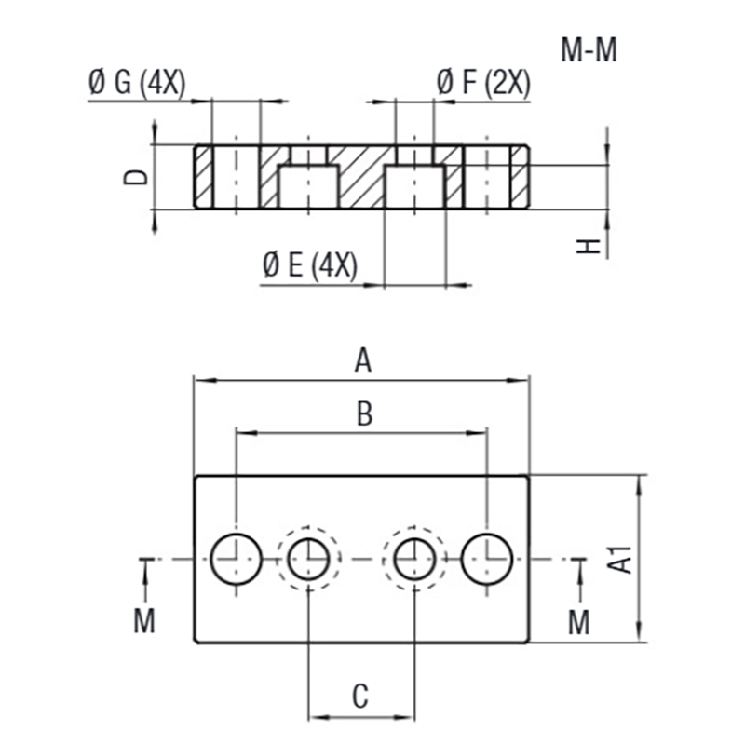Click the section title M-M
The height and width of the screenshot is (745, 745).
[589, 49]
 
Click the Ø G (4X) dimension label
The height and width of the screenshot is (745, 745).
[137, 84]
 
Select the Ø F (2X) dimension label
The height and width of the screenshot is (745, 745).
[482, 84]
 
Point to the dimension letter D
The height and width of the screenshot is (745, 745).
[136, 177]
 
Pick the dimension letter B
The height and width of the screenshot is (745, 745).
[365, 415]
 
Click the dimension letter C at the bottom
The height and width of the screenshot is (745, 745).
[361, 695]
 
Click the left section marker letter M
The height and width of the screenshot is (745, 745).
[144, 621]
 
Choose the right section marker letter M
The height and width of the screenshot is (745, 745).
[579, 621]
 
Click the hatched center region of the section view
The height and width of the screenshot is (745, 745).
[359, 177]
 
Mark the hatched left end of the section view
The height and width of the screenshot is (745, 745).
[203, 177]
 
